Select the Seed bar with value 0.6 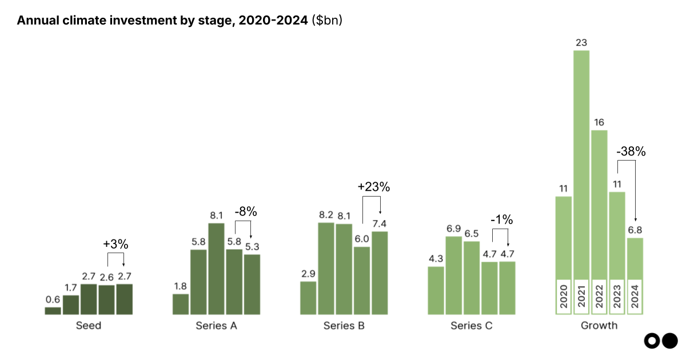(53, 311)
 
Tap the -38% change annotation (631, 152)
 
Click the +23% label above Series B (373, 187)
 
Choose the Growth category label (599, 326)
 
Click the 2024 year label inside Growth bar (635, 297)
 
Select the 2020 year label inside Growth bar (564, 297)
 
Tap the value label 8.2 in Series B (326, 215)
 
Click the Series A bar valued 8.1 (216, 269)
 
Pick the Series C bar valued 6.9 (454, 275)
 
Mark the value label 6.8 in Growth (635, 230)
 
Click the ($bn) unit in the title (327, 21)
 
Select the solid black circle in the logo (669, 341)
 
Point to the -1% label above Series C (501, 220)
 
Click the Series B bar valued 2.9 (308, 298)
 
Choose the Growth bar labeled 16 (599, 206)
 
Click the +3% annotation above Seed (115, 244)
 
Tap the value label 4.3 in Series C (436, 258)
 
